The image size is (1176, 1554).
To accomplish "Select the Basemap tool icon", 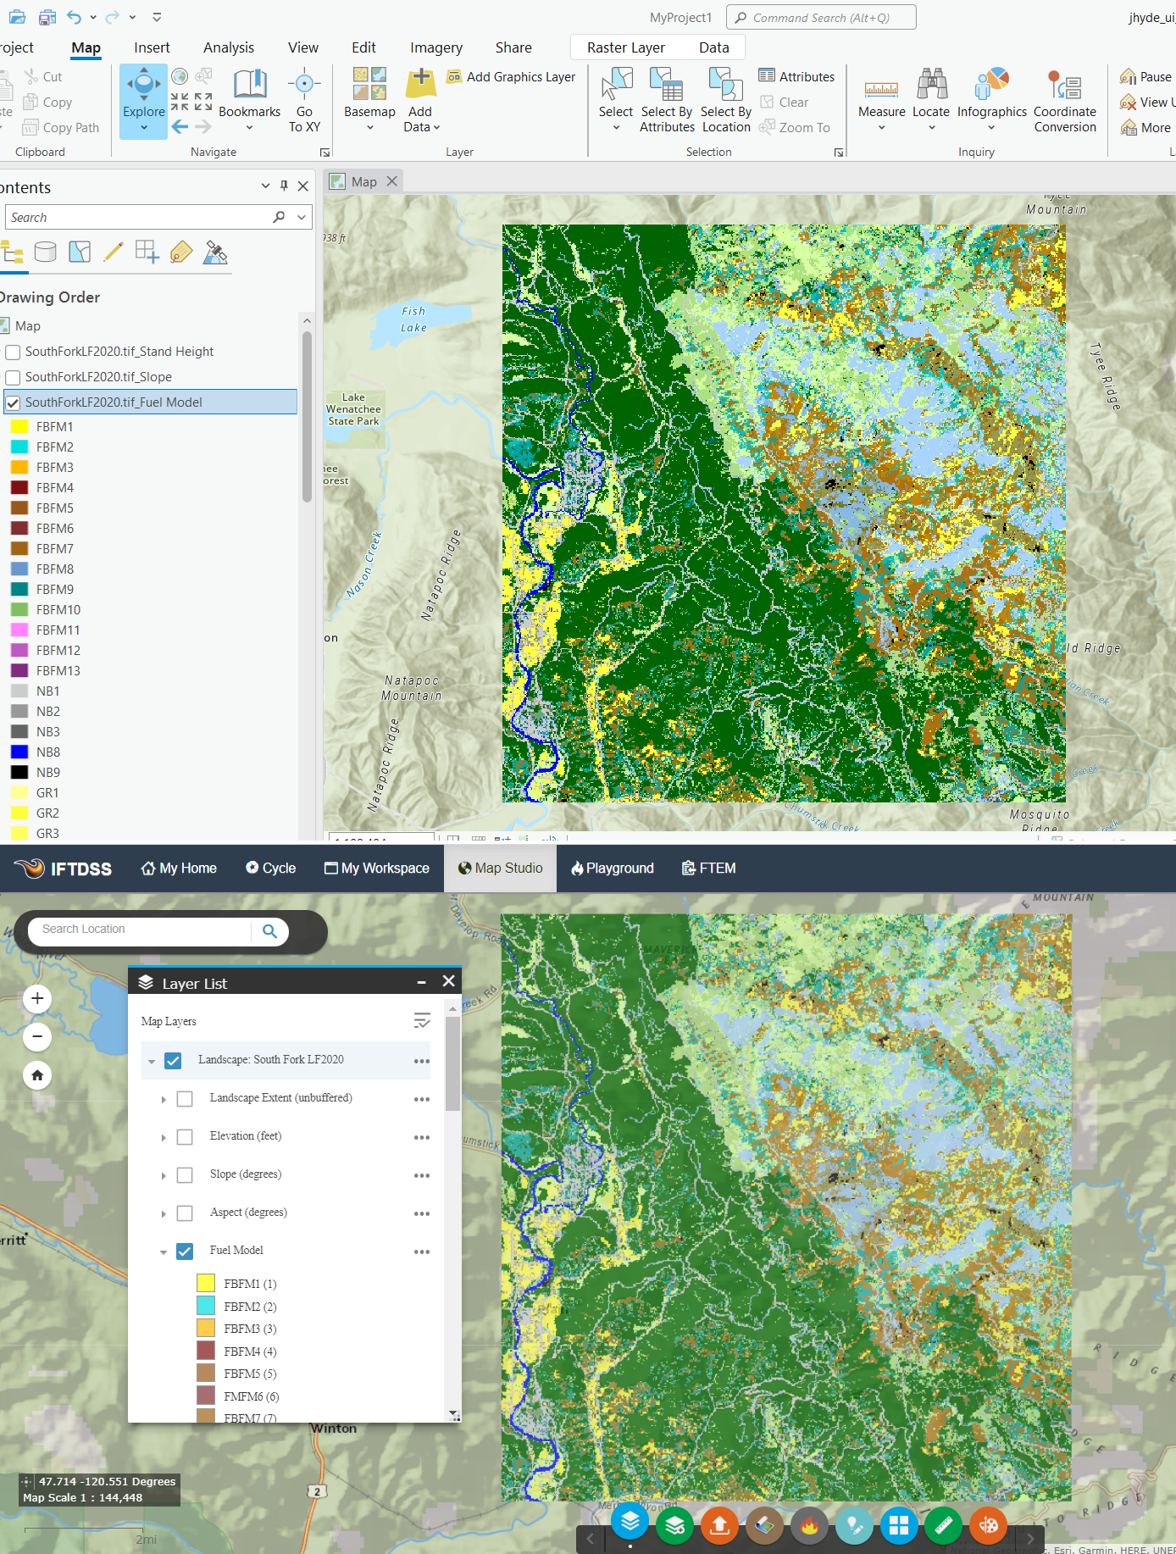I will coord(369,85).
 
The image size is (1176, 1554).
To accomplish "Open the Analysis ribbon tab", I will coord(228,47).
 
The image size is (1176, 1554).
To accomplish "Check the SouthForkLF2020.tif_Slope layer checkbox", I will coord(14,377).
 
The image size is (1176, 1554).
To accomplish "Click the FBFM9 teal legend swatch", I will coord(19,589).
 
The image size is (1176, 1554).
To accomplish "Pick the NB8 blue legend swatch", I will coord(19,752).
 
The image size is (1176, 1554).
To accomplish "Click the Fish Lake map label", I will coord(413,319).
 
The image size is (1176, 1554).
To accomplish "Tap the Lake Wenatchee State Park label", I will coord(353,408).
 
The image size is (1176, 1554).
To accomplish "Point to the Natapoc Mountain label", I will coord(412,687).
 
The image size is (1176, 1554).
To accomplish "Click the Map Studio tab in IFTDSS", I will coord(500,868).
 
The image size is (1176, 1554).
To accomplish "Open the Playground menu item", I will coord(612,868).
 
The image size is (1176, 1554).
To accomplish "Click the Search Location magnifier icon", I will coord(269,930).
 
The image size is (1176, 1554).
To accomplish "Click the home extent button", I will coord(37,1075).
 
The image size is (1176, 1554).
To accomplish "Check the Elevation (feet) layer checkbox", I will coord(185,1137).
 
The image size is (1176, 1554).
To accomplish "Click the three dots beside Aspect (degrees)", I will coord(422,1213).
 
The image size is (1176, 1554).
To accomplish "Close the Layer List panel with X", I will coord(449,981).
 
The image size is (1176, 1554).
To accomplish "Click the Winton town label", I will coord(334,1428).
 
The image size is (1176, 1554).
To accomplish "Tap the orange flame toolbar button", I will coord(809,1526).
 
